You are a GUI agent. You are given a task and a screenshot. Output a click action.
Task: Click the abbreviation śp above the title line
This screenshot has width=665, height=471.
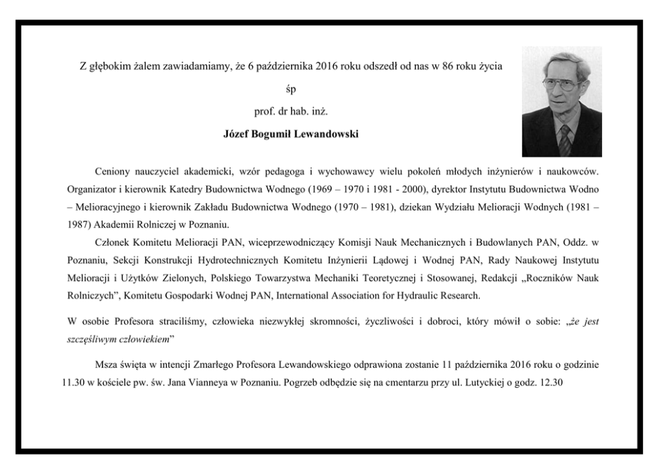click(290, 89)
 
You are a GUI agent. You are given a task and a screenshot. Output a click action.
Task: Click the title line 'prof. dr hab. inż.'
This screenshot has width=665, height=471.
click(290, 111)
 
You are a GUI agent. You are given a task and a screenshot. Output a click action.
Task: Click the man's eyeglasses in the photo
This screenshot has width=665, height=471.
click(559, 85)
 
